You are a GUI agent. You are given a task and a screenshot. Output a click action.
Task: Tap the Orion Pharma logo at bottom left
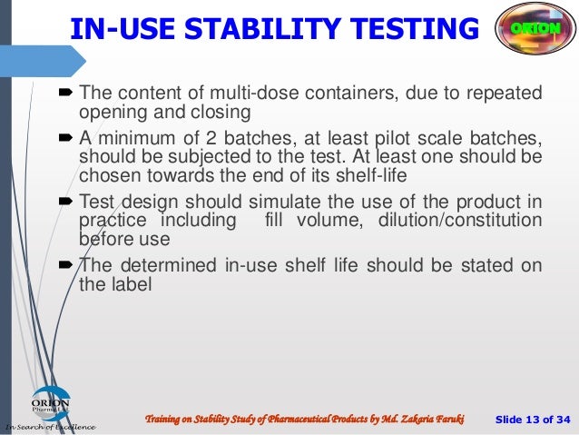51,404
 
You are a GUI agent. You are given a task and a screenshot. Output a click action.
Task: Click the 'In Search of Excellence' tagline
51,426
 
